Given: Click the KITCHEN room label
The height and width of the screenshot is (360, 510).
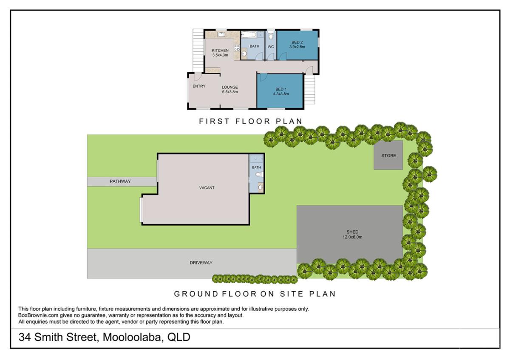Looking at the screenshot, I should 220,51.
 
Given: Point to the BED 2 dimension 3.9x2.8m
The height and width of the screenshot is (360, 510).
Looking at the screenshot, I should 297,47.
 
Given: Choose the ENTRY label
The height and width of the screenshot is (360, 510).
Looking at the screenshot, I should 199,86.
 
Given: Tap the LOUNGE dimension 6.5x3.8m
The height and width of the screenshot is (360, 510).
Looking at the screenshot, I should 229,92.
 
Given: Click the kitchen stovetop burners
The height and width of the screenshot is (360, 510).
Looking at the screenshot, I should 237,47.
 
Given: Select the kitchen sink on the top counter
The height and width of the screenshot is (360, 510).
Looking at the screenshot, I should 221,34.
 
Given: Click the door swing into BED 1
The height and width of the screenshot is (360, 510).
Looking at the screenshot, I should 262,77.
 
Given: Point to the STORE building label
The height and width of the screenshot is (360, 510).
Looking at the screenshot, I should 388,156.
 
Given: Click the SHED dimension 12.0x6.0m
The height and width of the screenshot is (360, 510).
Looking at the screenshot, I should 352,237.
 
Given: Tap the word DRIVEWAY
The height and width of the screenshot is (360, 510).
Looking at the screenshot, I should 201,263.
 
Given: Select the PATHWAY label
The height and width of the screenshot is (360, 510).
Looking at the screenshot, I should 120,181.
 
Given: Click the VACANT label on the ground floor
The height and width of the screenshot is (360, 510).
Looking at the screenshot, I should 207,188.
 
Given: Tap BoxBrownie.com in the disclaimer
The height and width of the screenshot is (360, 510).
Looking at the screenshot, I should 36,315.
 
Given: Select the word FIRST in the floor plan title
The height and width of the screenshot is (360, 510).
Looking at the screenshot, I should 211,122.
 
